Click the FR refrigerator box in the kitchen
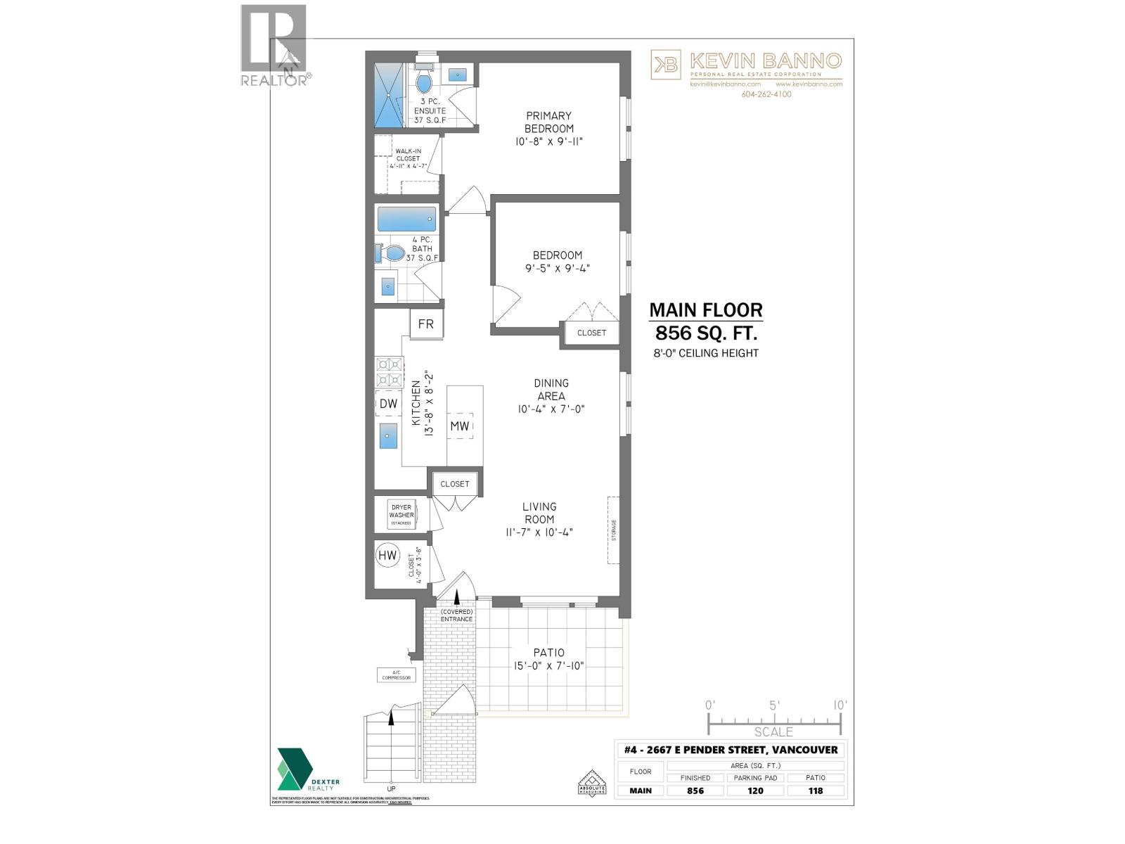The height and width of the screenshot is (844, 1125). click(x=426, y=324)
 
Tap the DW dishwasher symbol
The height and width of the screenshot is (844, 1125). click(x=388, y=404)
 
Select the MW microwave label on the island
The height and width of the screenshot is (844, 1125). click(x=460, y=426)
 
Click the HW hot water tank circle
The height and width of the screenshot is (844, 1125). click(x=387, y=556)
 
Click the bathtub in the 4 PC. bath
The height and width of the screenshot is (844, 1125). click(x=406, y=219)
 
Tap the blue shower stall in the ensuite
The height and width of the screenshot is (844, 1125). click(x=389, y=95)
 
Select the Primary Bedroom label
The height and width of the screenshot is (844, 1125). click(x=548, y=122)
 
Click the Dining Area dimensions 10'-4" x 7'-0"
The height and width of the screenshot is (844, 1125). click(x=551, y=409)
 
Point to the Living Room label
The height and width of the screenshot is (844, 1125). click(x=539, y=513)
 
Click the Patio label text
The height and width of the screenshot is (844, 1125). click(x=548, y=653)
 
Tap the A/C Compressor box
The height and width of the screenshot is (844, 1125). click(x=396, y=675)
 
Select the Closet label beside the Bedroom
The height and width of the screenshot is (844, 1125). click(x=591, y=333)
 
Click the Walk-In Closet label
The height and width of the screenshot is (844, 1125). click(x=408, y=155)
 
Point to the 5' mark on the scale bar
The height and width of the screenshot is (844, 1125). click(x=774, y=705)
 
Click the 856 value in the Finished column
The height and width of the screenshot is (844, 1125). click(x=695, y=791)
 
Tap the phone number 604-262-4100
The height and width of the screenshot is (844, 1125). click(x=766, y=94)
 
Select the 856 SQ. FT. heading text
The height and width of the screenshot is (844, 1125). click(x=705, y=332)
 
